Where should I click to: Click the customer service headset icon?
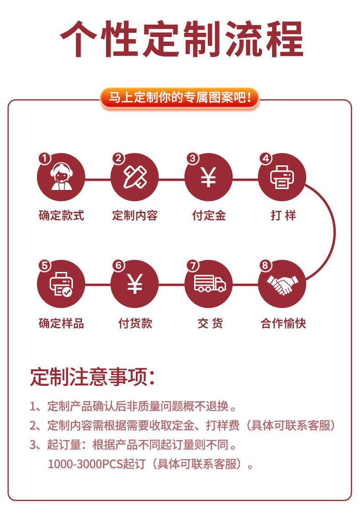pos(61,177)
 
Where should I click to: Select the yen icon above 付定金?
pos(209,177)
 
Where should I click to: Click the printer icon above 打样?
pos(282,177)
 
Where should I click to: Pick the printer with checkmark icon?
pos(61,284)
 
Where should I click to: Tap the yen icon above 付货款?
pos(134,284)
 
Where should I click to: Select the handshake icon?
pos(282,284)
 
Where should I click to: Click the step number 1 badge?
pos(45,158)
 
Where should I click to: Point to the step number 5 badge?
pos(45,266)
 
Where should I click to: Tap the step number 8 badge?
pos(265,266)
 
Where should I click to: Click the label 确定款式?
pos(62,215)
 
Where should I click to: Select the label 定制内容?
pos(135,215)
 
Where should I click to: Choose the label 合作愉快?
pos(283,323)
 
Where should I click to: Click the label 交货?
pos(210,323)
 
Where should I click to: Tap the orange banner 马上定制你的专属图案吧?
pos(180,97)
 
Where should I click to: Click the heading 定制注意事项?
pos(93,377)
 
